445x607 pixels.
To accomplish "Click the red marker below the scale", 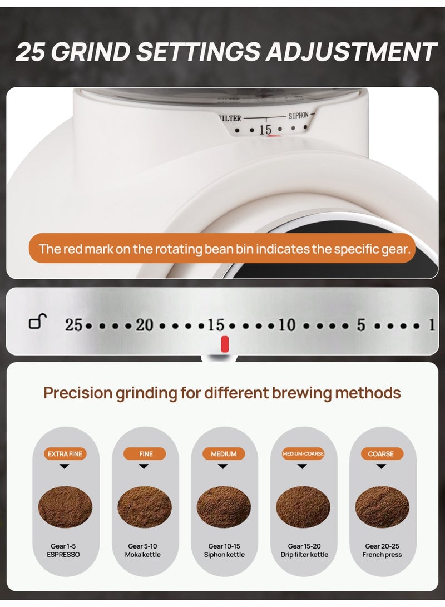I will (225, 344).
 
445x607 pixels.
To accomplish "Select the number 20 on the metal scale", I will (145, 325).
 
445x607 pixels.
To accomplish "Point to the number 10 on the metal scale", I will (286, 325).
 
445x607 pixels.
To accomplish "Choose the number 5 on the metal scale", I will (361, 325).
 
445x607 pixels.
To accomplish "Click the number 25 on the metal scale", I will (73, 325).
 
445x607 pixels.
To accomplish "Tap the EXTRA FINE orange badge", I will (65, 454).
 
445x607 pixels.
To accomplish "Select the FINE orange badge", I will (146, 454).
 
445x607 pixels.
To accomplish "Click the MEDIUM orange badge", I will (224, 454).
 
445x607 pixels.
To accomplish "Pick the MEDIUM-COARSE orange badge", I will (303, 454).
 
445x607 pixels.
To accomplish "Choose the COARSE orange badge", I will (381, 454).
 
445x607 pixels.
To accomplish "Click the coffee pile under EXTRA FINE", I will (65, 507).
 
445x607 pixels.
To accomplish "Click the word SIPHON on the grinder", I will (298, 116).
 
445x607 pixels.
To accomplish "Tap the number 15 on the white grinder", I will (265, 130).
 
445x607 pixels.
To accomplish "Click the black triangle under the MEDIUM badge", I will (223, 467).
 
